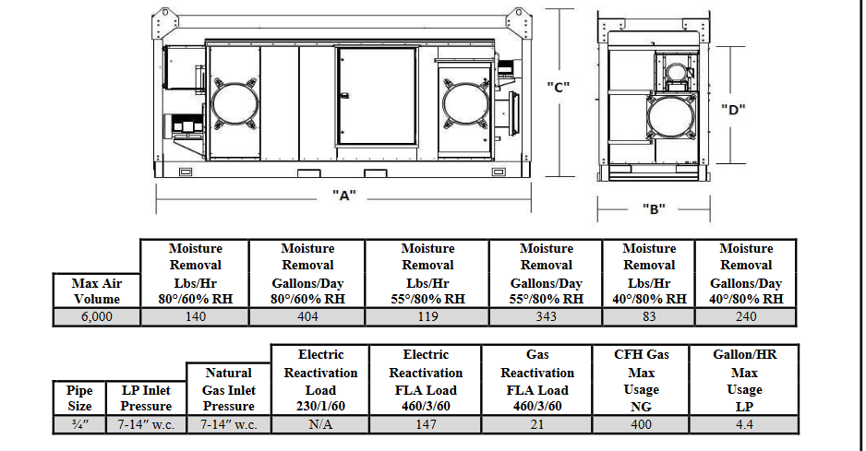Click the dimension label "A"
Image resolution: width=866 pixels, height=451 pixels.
[344, 196]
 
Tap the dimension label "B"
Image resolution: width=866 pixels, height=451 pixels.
[654, 209]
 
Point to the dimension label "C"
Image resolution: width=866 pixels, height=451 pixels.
[559, 88]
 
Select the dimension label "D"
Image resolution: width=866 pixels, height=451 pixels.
[733, 110]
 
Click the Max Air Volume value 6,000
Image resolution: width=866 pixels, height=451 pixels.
[97, 317]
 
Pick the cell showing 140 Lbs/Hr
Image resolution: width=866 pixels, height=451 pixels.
[196, 317]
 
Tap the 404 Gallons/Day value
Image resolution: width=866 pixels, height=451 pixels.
[307, 317]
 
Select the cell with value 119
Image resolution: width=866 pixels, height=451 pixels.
[428, 317]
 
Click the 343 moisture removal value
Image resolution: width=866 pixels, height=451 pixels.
[547, 317]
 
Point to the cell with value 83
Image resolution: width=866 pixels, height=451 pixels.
[649, 317]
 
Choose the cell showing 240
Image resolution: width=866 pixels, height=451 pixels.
[746, 317]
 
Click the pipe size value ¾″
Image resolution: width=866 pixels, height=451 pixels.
[80, 424]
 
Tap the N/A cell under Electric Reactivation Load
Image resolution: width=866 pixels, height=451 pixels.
[320, 424]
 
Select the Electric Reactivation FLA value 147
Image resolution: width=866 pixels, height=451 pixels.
[426, 424]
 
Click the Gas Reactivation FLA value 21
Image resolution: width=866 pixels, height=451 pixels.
[537, 424]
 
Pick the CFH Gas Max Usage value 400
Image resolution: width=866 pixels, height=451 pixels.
[642, 424]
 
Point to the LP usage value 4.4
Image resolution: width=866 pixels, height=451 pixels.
[744, 424]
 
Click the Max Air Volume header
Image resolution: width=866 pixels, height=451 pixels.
[97, 291]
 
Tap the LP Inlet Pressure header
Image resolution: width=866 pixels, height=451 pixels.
[147, 398]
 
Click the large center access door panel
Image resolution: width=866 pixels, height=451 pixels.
[378, 97]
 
